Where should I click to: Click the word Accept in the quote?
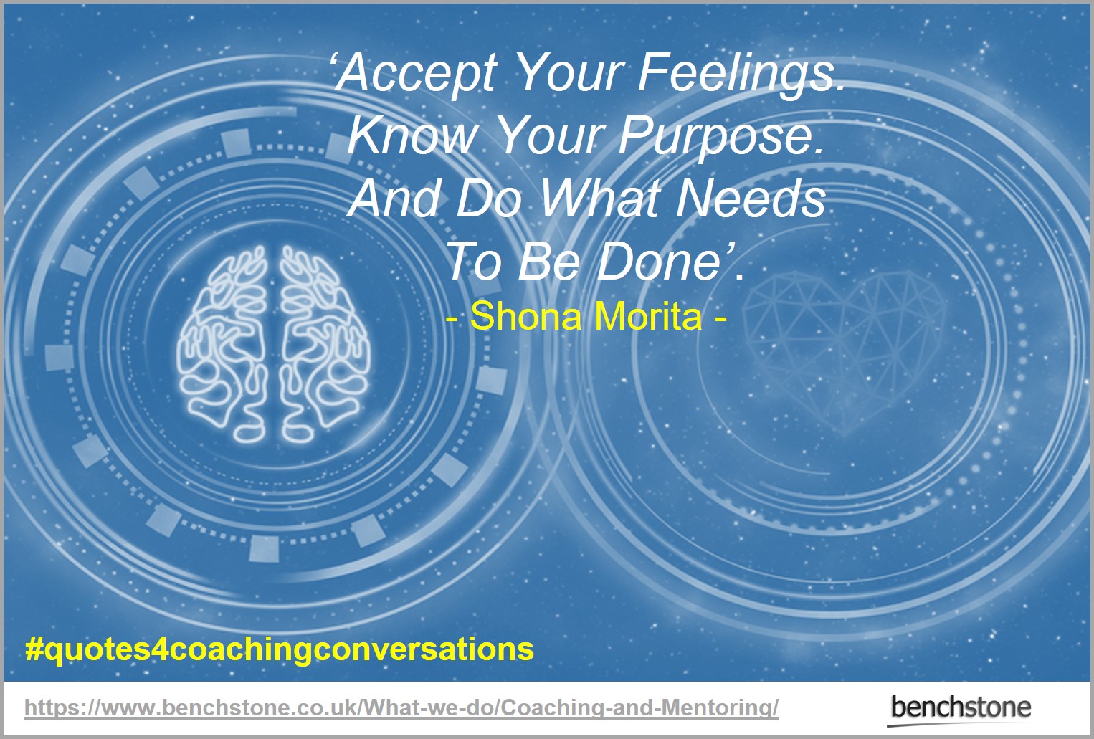416,74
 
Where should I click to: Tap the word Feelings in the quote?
742,74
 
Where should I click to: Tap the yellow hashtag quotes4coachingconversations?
280,650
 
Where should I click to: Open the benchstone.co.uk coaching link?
401,707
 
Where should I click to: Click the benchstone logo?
960,709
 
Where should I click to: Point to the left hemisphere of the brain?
222,345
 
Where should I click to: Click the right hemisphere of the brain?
324,345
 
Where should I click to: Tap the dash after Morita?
720,318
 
